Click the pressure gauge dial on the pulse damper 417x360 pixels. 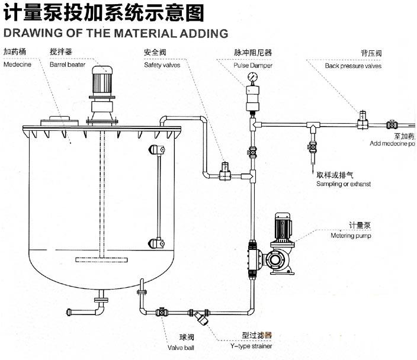pyautogui.click(x=253, y=76)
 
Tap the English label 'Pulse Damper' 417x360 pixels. pyautogui.click(x=250, y=65)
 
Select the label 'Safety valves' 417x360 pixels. pyautogui.click(x=162, y=65)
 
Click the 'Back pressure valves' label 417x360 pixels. pyautogui.click(x=353, y=66)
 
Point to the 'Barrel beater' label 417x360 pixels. pyautogui.click(x=68, y=65)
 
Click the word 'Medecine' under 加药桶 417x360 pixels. pyautogui.click(x=18, y=65)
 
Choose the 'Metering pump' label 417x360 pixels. pyautogui.click(x=350, y=236)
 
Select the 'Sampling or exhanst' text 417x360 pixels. pyautogui.click(x=344, y=185)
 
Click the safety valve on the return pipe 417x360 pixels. pyautogui.click(x=224, y=171)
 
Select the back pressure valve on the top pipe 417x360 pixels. pyautogui.click(x=361, y=120)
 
